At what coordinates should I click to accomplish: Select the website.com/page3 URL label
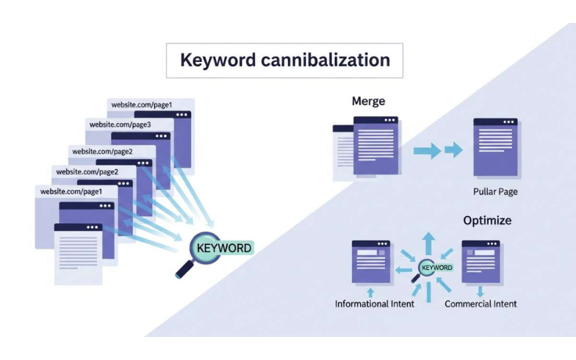(119, 125)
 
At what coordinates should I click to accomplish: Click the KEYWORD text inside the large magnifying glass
(225, 248)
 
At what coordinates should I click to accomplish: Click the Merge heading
(368, 101)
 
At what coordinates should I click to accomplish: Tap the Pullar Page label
(495, 192)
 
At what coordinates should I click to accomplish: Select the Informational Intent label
(374, 304)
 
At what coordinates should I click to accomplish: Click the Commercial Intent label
(480, 304)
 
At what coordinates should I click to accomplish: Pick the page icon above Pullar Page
(495, 148)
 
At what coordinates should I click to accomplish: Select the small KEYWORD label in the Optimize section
(436, 268)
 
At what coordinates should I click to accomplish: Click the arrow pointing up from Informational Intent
(371, 292)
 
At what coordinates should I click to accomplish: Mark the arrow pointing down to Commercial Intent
(480, 292)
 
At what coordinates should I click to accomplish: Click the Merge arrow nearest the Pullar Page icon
(454, 150)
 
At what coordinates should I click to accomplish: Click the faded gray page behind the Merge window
(341, 151)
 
